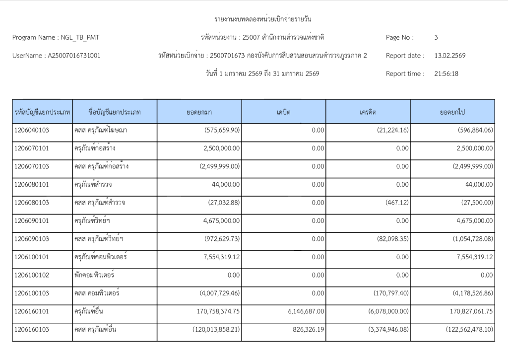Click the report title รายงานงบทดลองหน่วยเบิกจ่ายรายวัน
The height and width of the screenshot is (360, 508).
tap(262, 19)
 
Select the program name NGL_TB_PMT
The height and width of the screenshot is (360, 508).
tap(82, 37)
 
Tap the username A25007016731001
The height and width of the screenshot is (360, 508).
tap(73, 56)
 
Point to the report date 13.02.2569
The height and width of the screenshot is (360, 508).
tap(449, 56)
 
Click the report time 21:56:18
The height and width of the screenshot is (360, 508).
tap(446, 74)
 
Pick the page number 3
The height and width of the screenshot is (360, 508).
tap(436, 37)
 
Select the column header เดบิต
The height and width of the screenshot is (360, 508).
tap(283, 112)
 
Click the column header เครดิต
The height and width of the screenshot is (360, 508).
tap(368, 112)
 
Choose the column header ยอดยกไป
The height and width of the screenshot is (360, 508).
tap(451, 112)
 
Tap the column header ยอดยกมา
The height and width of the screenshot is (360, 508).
tap(199, 112)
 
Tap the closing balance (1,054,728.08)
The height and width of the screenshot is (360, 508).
tap(466, 239)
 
